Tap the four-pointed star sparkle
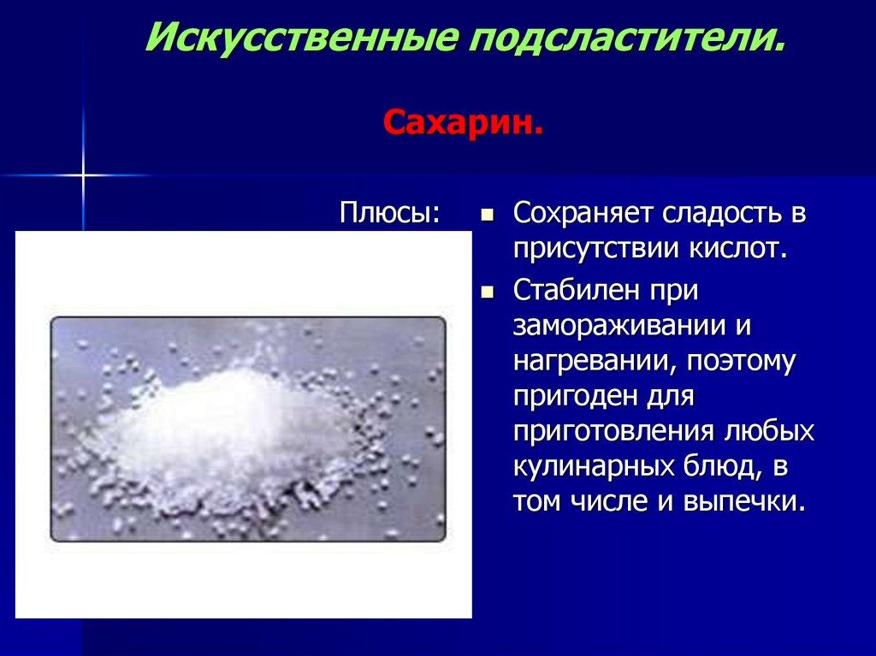click(x=84, y=175)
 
